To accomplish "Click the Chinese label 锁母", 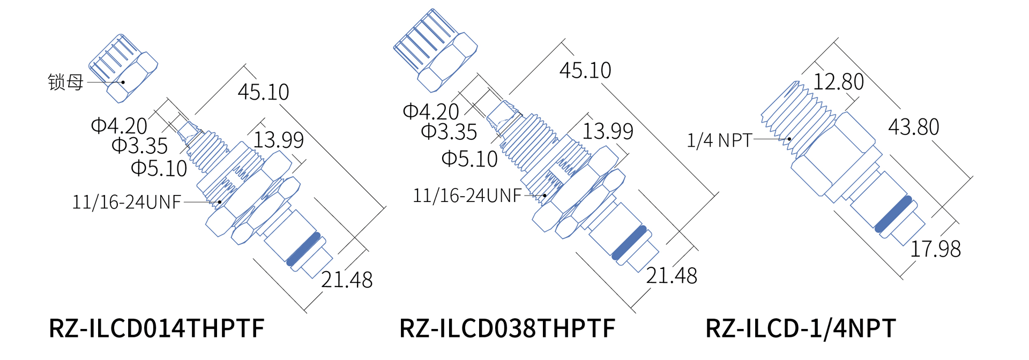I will pyautogui.click(x=65, y=82).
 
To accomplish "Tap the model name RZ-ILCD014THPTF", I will pyautogui.click(x=156, y=328).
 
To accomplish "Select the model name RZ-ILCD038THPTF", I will pyautogui.click(x=507, y=328).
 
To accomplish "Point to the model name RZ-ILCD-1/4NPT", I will pyautogui.click(x=800, y=328).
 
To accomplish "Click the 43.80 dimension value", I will pyautogui.click(x=914, y=127).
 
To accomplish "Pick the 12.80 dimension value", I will pyautogui.click(x=839, y=82).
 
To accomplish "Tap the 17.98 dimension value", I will pyautogui.click(x=936, y=249).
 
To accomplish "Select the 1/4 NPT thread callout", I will pyautogui.click(x=720, y=140).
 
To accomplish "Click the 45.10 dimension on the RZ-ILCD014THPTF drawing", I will pyautogui.click(x=263, y=92).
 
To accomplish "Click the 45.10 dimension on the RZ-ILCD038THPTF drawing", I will pyautogui.click(x=585, y=70).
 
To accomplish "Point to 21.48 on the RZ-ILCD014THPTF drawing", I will pyautogui.click(x=347, y=280).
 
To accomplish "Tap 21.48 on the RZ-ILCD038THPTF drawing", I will pyautogui.click(x=672, y=276).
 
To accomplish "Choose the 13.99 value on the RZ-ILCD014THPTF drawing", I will pyautogui.click(x=278, y=140).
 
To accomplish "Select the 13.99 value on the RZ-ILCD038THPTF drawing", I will pyautogui.click(x=608, y=131).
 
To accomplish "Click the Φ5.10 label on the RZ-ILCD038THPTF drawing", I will pyautogui.click(x=469, y=159).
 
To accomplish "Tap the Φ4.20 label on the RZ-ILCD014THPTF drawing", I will pyautogui.click(x=119, y=126).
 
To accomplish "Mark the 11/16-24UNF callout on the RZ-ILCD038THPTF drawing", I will pyautogui.click(x=467, y=196).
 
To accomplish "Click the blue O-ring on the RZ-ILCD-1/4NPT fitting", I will pyautogui.click(x=893, y=214).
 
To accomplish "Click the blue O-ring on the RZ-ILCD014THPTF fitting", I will pyautogui.click(x=303, y=249).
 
